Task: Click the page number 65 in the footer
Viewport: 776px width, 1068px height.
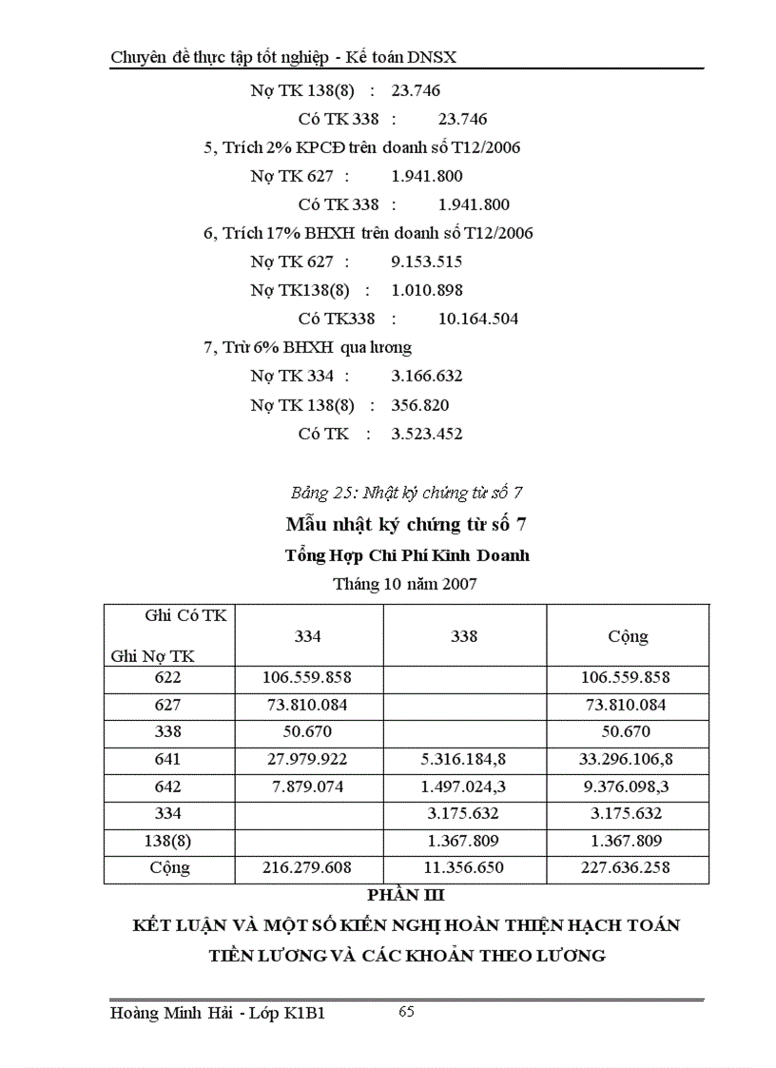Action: (x=406, y=1012)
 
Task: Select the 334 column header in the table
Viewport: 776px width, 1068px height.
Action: (x=307, y=636)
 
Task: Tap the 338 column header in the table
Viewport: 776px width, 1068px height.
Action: (x=464, y=636)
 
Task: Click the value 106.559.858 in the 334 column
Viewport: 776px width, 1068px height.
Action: (x=307, y=678)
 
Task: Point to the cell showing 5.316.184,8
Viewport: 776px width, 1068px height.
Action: (x=464, y=760)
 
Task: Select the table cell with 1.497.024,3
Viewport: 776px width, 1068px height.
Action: (x=464, y=787)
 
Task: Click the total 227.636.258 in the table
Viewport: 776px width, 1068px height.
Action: (x=629, y=868)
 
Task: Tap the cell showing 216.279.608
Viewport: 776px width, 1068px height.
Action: (x=307, y=868)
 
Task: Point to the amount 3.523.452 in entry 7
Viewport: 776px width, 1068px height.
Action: (x=427, y=434)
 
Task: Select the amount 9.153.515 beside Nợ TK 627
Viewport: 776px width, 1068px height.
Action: (x=427, y=262)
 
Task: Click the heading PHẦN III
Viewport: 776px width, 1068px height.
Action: (x=407, y=895)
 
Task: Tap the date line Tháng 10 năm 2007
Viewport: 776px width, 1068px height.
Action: (x=405, y=584)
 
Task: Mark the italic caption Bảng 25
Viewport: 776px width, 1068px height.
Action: (x=407, y=493)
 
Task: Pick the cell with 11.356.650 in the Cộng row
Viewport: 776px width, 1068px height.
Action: (x=464, y=868)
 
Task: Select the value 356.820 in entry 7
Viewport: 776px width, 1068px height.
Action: (x=420, y=405)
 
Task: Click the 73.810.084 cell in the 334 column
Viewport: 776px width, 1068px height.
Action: (x=307, y=706)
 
